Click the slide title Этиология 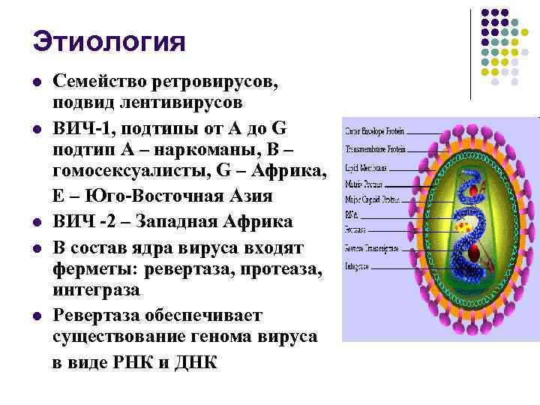(109, 41)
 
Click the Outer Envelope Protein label (375, 132)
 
